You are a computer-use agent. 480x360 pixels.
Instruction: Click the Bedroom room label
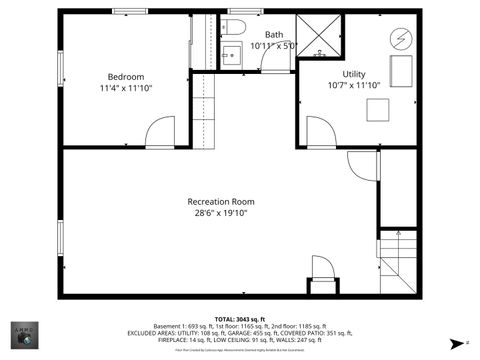tap(126, 77)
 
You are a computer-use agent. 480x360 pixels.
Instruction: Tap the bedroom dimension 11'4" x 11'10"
tap(126, 89)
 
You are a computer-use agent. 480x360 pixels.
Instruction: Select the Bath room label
tap(273, 34)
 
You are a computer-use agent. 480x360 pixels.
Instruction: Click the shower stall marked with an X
tap(321, 34)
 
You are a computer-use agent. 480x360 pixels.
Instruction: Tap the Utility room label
tap(354, 74)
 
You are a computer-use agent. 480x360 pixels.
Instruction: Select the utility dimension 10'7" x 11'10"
tap(354, 86)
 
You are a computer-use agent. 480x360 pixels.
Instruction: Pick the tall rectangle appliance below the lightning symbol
tap(399, 70)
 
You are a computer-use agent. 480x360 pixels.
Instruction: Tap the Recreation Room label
tap(220, 201)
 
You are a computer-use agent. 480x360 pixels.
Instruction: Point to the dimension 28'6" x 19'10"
tap(220, 213)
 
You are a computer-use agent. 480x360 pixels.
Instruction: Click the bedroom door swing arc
tap(160, 132)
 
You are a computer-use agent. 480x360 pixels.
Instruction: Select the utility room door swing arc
tap(321, 132)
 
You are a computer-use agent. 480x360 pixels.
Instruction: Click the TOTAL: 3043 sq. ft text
tap(239, 319)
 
